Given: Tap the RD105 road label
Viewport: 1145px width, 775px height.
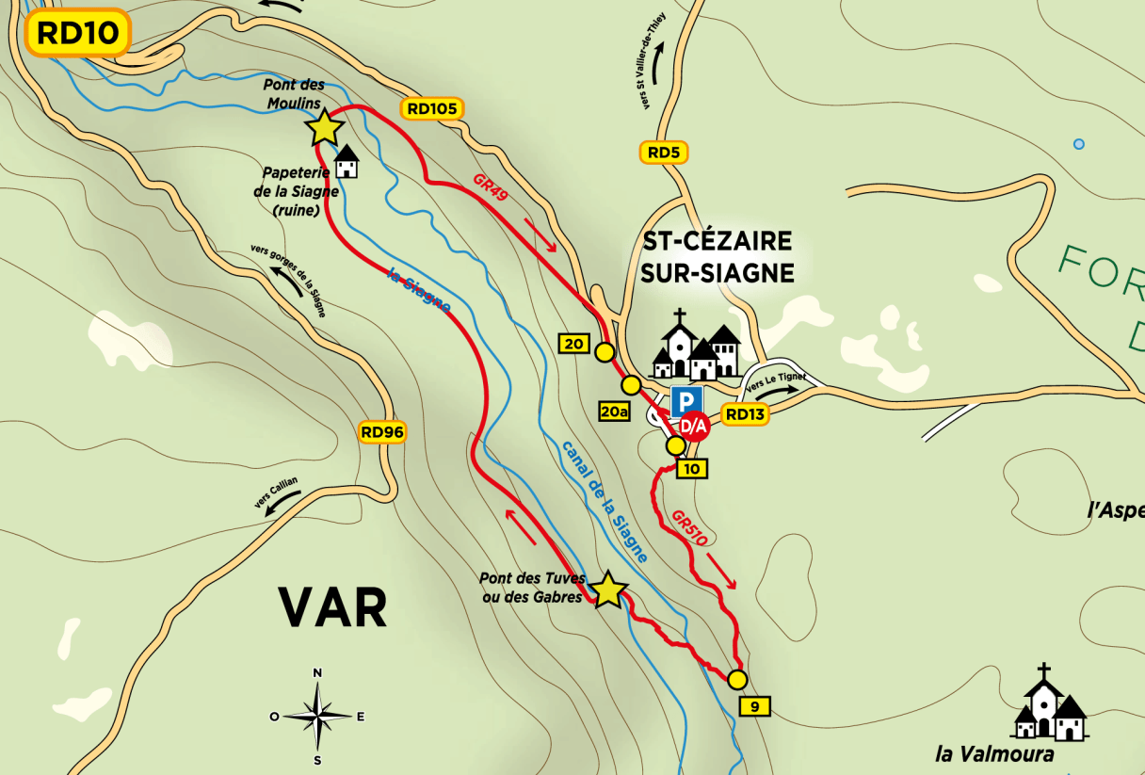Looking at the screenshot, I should [x=432, y=108].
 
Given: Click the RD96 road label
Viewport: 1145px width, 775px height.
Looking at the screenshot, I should [x=382, y=432].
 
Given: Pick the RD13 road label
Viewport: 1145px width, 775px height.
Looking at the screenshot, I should [x=745, y=412].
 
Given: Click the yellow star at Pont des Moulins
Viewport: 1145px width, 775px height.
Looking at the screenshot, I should [x=324, y=127].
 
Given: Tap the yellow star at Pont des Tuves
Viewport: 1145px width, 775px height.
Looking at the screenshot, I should [x=608, y=590].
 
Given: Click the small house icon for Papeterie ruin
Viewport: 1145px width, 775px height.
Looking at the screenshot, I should [x=347, y=162].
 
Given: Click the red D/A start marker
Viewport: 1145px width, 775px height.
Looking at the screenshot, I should [x=694, y=427].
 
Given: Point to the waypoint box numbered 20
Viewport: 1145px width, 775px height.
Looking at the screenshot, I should [x=573, y=344].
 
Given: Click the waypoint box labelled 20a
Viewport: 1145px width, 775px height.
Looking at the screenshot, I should [x=613, y=412].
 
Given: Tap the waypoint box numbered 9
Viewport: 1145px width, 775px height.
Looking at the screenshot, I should [x=755, y=705].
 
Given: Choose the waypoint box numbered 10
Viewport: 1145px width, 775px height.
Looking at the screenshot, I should [x=691, y=468].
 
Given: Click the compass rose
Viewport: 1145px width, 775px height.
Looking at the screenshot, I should [x=318, y=716].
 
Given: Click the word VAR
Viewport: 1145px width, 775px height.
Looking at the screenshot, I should [x=332, y=607].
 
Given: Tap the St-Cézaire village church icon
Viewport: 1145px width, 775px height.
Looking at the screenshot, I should [x=698, y=346].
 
